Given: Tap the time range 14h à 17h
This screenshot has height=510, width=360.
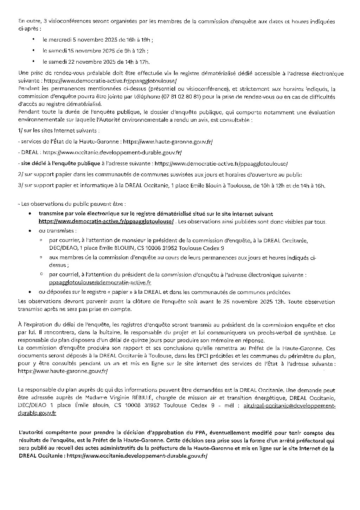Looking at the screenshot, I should (137, 62).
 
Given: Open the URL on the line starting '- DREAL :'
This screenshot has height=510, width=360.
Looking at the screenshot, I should (112, 153).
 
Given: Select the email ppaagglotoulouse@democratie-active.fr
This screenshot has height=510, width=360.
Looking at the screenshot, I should (100, 282).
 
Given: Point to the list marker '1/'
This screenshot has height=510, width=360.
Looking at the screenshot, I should (20, 131).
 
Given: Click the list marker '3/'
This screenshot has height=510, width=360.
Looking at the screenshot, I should (20, 185).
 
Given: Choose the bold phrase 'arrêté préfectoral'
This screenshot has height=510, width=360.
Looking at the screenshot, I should (297, 440).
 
